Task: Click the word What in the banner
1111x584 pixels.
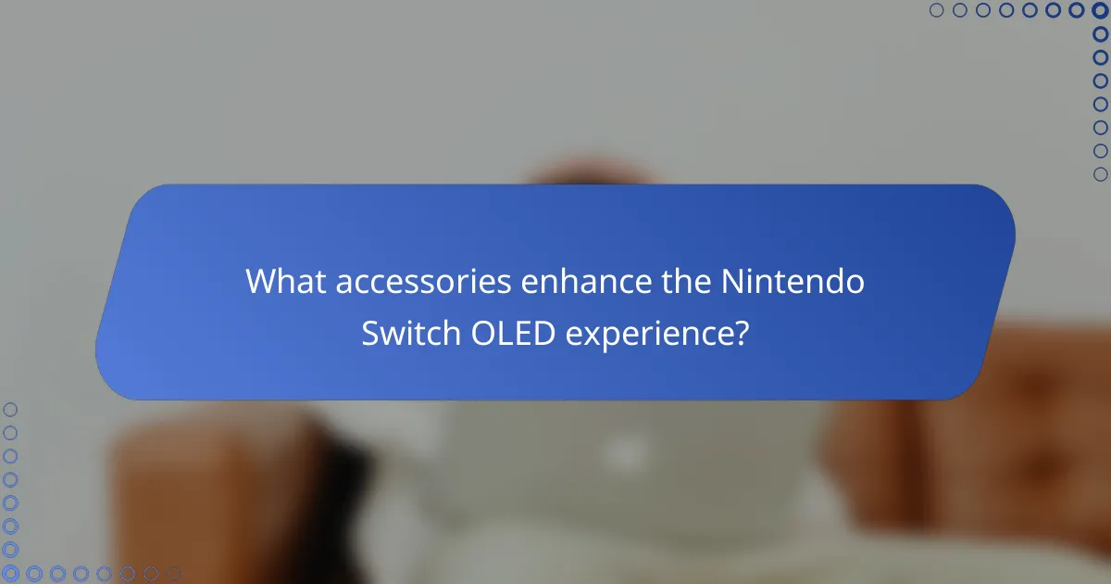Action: tap(285, 282)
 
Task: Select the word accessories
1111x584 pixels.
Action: tap(423, 282)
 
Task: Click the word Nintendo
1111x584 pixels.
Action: tap(793, 282)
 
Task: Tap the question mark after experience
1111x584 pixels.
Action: tap(741, 333)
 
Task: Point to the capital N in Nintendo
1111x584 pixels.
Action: tap(732, 282)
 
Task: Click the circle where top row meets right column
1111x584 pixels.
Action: tap(1100, 11)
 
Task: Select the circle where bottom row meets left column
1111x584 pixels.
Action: tap(11, 574)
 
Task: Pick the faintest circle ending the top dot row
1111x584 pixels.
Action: tap(937, 11)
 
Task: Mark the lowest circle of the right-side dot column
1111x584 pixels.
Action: tap(1100, 173)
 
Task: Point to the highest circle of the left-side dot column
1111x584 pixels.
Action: tap(11, 409)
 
